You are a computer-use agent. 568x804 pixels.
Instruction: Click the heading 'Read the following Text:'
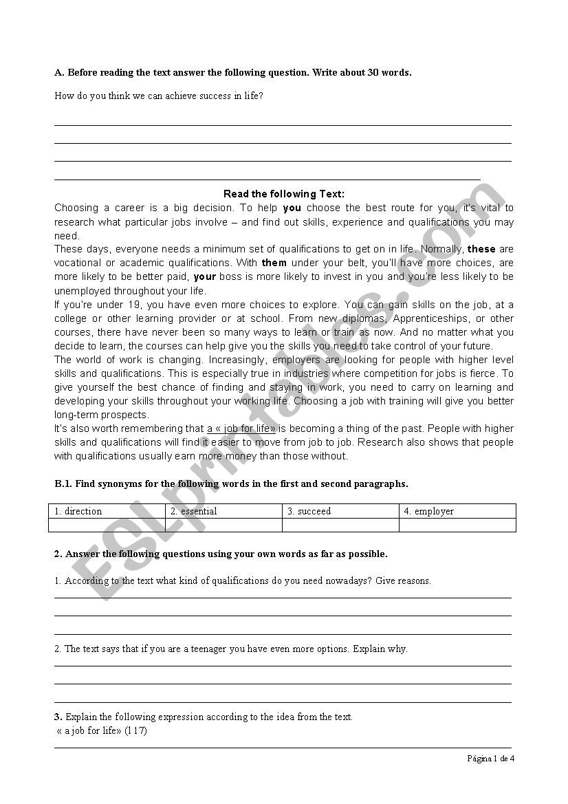(284, 195)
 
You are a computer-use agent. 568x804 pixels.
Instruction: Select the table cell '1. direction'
(107, 511)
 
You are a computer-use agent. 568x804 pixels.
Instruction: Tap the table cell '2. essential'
(223, 511)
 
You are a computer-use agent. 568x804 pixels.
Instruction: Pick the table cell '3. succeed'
(340, 511)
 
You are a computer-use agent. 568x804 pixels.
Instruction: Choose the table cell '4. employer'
(457, 511)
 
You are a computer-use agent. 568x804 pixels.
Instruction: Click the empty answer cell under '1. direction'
(107, 525)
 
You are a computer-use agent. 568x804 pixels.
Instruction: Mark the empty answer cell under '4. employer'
(457, 525)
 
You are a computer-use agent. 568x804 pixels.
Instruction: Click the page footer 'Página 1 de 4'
(490, 759)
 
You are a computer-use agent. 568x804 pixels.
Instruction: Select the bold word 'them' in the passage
(274, 263)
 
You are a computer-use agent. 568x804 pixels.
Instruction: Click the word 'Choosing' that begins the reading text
(76, 208)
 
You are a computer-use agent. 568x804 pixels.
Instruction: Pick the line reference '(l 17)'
(135, 730)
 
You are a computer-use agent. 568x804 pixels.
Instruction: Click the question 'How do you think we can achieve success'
(159, 96)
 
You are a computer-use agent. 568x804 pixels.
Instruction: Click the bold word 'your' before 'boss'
(205, 276)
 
